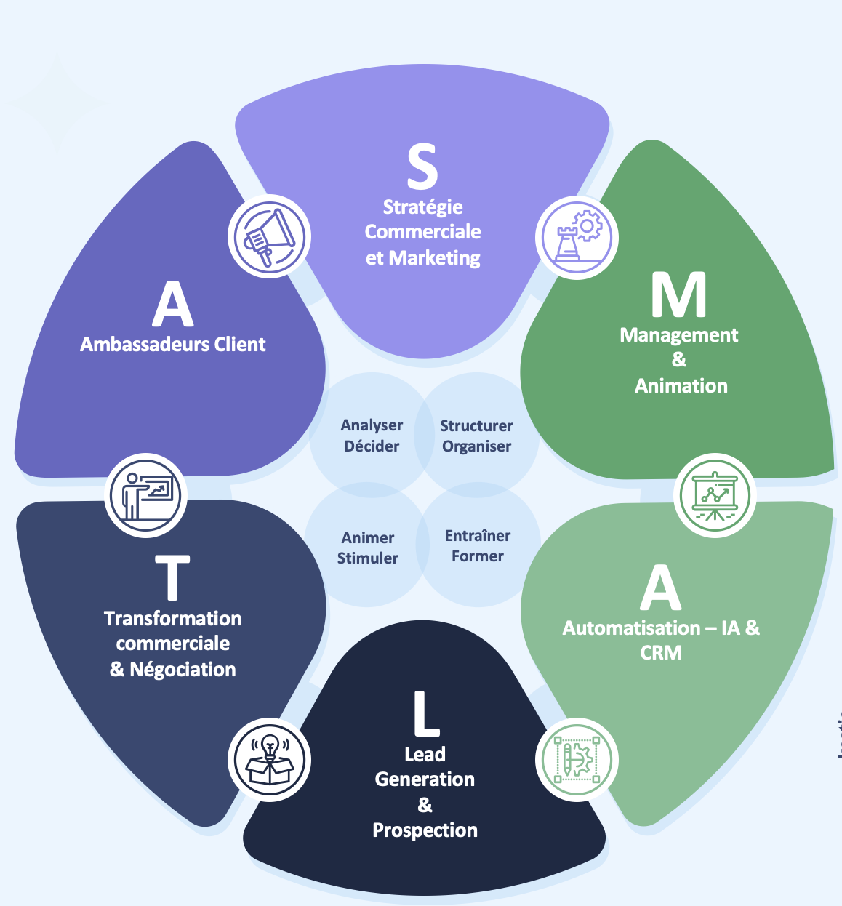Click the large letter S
(422, 166)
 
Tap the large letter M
(678, 294)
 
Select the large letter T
(172, 577)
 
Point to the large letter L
(426, 713)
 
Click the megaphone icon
(269, 236)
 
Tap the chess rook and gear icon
(577, 237)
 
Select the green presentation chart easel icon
(715, 495)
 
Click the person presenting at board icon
(145, 495)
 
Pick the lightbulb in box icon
(269, 760)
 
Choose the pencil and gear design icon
(577, 760)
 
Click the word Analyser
(372, 425)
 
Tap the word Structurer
(476, 425)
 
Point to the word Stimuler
(368, 558)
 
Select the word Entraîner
(478, 536)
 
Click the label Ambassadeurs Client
(172, 345)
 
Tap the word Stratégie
(422, 207)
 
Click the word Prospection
(425, 830)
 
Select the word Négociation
(183, 670)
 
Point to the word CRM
(661, 653)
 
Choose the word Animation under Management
(681, 386)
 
